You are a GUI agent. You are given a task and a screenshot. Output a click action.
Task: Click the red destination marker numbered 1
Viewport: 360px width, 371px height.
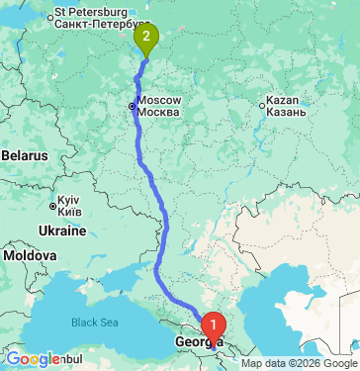(212, 324)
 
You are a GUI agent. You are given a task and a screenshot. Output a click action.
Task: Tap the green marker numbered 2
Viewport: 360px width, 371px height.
(146, 39)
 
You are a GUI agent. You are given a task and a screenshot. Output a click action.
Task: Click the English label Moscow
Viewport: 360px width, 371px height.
(159, 101)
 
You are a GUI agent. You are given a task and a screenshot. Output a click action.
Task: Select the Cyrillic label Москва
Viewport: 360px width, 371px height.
(159, 112)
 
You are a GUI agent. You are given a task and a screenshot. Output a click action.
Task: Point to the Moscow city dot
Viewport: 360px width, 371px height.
(132, 106)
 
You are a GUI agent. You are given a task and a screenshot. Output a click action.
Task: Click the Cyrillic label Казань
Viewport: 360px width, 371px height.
(292, 113)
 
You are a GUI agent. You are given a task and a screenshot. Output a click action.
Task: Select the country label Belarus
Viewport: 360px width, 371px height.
(24, 156)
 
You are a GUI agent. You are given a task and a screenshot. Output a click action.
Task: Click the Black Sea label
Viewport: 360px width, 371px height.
(95, 322)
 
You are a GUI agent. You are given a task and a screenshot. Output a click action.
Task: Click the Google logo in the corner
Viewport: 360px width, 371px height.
(33, 359)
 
